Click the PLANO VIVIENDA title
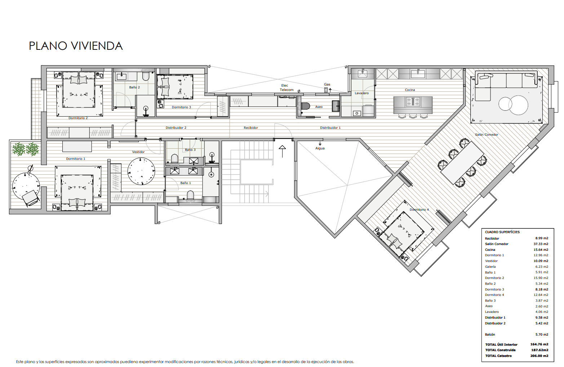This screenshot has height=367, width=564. click(76, 46)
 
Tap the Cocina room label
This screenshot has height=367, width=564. click(410, 90)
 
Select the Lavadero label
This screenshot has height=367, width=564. click(361, 93)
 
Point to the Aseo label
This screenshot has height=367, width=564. click(319, 107)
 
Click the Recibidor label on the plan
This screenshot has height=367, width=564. click(251, 128)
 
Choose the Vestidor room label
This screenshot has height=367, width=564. click(138, 152)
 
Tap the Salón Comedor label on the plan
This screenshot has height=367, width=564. click(487, 135)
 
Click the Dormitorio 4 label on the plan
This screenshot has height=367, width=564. click(419, 210)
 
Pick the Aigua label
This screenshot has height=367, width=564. click(320, 148)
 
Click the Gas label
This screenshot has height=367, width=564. click(327, 84)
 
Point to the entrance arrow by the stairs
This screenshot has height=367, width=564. click(282, 152)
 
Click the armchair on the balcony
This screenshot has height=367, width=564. click(31, 198)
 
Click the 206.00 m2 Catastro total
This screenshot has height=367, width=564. click(539, 356)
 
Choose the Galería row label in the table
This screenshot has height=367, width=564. click(490, 267)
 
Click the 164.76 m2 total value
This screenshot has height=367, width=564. click(539, 344)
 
